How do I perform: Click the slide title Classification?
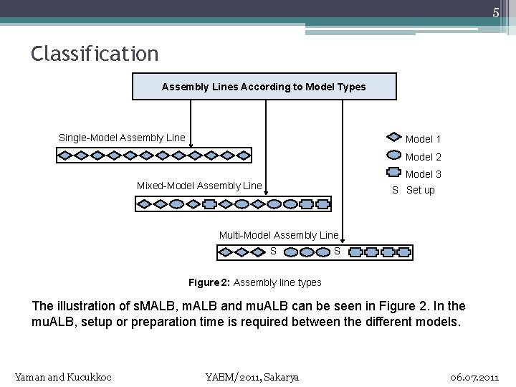click(95, 54)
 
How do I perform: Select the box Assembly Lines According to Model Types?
click(264, 87)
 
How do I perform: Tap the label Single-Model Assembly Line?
click(122, 138)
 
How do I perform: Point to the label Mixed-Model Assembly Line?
click(199, 186)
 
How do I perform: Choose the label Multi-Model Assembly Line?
click(278, 235)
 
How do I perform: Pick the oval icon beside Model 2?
click(393, 156)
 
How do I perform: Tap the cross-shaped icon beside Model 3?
click(393, 173)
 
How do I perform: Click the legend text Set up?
click(421, 190)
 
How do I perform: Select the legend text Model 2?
click(424, 157)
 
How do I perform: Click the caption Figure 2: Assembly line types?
click(255, 282)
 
